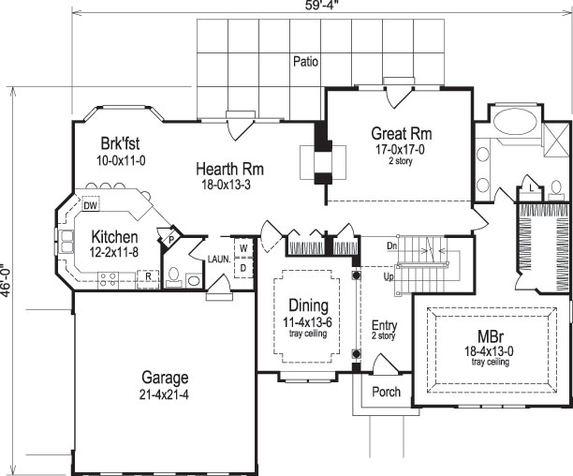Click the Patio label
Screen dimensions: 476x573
[304, 62]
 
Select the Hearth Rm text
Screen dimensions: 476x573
[229, 169]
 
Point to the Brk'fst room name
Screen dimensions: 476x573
[122, 144]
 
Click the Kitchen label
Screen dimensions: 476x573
[115, 238]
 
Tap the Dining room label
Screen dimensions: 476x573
[308, 305]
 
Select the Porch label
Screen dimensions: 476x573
[386, 391]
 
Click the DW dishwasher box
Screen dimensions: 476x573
[91, 205]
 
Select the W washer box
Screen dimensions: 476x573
[242, 248]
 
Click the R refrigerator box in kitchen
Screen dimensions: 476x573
[147, 276]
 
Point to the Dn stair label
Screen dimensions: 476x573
[392, 245]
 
